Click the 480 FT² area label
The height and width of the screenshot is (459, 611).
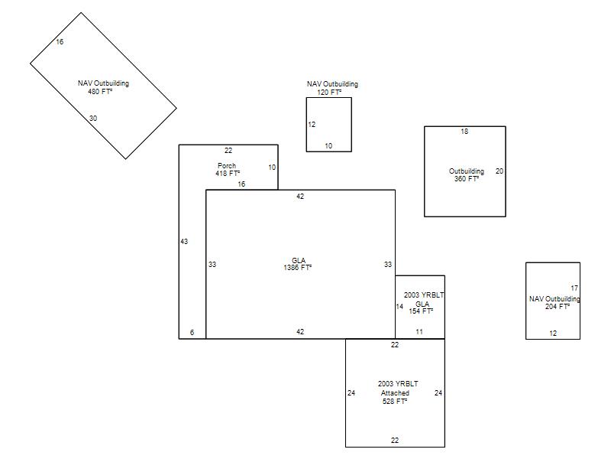[100, 92]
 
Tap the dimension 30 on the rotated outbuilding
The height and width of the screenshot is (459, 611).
[93, 119]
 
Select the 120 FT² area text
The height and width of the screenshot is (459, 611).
[329, 93]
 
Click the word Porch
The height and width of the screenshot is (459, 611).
[227, 165]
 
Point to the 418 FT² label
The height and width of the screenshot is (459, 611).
[228, 174]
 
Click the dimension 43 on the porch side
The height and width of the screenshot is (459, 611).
[184, 242]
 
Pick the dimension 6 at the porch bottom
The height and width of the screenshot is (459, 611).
[192, 333]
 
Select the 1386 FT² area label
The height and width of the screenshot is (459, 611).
[298, 268]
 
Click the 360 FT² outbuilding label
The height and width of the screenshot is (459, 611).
[467, 179]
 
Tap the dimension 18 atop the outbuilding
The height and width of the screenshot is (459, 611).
[464, 132]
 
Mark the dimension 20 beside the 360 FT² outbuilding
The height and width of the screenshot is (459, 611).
[499, 171]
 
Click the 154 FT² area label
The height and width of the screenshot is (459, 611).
[421, 311]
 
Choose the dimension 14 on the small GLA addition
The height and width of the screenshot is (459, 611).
[399, 307]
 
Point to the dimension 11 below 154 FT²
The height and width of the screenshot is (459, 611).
[419, 332]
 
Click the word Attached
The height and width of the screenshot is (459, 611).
[395, 393]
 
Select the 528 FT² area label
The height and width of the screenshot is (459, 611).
[395, 401]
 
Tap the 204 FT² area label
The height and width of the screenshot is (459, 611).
[558, 307]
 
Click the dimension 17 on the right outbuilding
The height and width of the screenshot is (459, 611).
[574, 288]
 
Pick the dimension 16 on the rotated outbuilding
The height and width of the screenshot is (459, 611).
[60, 42]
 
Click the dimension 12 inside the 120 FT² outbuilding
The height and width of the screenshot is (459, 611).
[312, 125]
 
